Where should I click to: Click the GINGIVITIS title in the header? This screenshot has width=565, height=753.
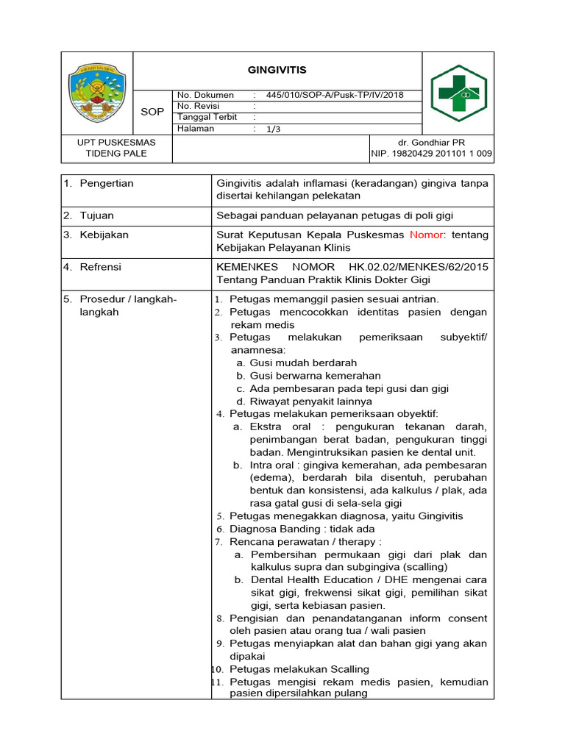tap(277, 70)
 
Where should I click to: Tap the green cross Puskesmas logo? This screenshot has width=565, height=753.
tap(458, 93)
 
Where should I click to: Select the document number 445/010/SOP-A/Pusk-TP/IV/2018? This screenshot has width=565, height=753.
tap(335, 95)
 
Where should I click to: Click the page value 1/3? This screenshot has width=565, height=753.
tap(274, 129)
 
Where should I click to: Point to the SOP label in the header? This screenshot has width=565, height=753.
tap(152, 112)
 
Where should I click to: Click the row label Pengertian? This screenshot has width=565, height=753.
tap(107, 183)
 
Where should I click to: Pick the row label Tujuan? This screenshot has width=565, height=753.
tap(96, 215)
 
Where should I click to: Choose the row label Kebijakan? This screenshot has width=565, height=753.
tap(104, 235)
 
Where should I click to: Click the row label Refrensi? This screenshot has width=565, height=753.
tap(101, 267)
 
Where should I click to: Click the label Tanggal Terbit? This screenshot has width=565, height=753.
tap(206, 117)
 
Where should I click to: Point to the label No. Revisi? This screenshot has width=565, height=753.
tap(199, 106)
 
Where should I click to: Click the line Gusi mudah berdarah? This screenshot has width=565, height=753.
tap(303, 363)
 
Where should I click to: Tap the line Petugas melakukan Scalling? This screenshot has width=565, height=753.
tap(299, 669)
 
